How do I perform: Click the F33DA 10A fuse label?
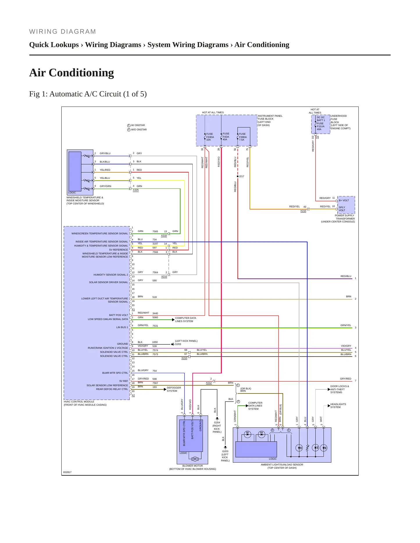(210, 137)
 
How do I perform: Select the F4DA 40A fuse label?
(226, 136)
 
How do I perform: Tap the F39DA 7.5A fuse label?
(243, 137)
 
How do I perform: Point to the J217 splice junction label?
(242, 176)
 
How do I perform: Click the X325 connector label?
(136, 190)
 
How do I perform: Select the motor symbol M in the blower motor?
(195, 459)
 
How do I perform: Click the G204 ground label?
(217, 422)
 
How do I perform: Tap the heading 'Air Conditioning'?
(72, 73)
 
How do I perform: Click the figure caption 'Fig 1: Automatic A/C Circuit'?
(88, 94)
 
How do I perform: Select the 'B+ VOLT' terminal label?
(344, 200)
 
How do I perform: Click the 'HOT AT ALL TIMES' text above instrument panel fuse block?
(213, 112)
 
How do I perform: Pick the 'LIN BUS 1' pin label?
(122, 327)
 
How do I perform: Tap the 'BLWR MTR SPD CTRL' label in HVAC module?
(115, 373)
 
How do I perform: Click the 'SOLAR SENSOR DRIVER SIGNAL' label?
(108, 282)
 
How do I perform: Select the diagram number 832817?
(67, 472)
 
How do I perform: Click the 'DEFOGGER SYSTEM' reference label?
(174, 389)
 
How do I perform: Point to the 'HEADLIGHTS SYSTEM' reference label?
(338, 406)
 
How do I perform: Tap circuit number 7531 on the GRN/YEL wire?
(155, 326)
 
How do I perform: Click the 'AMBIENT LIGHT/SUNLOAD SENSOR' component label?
(282, 465)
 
